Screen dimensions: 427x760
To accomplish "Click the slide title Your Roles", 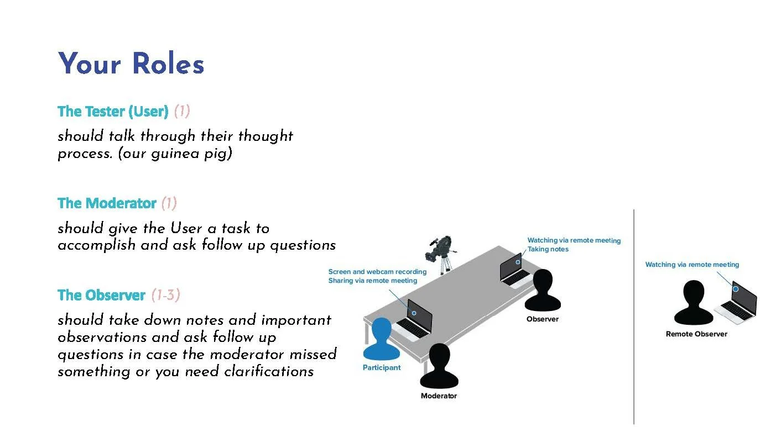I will (131, 64).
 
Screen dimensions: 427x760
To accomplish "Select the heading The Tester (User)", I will (113, 112).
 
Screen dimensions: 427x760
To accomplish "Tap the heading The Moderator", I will (107, 203).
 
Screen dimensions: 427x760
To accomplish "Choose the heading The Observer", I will (101, 296).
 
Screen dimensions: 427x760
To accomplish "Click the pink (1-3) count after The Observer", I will (166, 296).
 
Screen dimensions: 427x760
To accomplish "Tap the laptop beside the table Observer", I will (513, 271).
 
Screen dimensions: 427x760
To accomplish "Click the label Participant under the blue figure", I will (382, 368).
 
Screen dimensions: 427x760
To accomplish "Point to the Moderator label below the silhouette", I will (439, 396).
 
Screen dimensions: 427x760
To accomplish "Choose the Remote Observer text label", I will (696, 334).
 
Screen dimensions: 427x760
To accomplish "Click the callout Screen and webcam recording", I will (377, 272).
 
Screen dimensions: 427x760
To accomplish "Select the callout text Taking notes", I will (548, 249).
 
